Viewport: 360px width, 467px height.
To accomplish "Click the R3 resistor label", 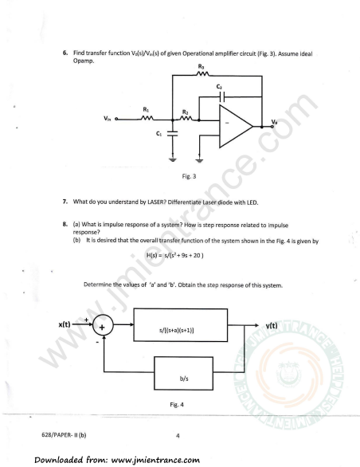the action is point(201,66).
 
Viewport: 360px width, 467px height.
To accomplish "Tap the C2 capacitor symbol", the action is point(222,96).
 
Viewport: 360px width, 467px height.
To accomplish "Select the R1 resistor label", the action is point(146,110).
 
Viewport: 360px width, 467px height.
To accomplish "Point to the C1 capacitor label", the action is point(158,134).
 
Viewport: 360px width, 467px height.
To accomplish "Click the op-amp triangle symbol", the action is point(236,126).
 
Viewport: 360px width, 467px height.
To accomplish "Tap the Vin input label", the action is point(108,119).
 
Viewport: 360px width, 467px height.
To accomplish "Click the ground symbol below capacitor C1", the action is point(172,159).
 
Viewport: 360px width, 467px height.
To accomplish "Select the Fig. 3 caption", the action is point(189,176).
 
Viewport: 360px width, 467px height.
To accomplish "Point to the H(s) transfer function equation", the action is point(174,255).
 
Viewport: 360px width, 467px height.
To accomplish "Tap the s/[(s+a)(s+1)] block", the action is point(181,325).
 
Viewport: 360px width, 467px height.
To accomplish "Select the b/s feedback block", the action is point(183,374).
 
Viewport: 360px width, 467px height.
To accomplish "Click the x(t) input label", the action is point(65,324).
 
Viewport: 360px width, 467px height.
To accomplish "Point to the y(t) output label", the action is point(272,326).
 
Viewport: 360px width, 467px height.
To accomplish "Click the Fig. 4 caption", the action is point(177,405).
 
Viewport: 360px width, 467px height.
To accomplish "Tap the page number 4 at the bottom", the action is point(178,436).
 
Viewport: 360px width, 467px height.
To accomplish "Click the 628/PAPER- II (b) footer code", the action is point(64,435).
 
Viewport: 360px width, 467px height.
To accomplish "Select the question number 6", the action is point(65,53).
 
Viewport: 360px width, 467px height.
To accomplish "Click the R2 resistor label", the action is point(186,112).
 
